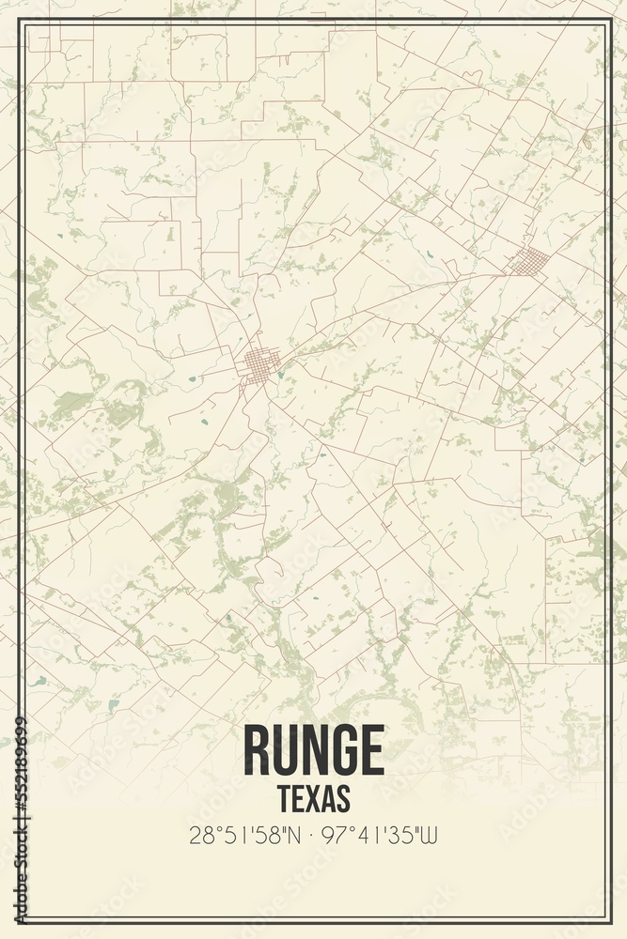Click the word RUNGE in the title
[x=314, y=749]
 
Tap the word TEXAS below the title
[x=314, y=798]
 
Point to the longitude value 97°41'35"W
[x=382, y=835]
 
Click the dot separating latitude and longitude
[x=314, y=835]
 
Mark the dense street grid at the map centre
[x=260, y=363]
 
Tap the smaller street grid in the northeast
[x=531, y=260]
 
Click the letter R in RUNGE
[x=257, y=749]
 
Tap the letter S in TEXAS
[x=343, y=798]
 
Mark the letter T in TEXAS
[x=284, y=798]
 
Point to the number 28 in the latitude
[x=199, y=835]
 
